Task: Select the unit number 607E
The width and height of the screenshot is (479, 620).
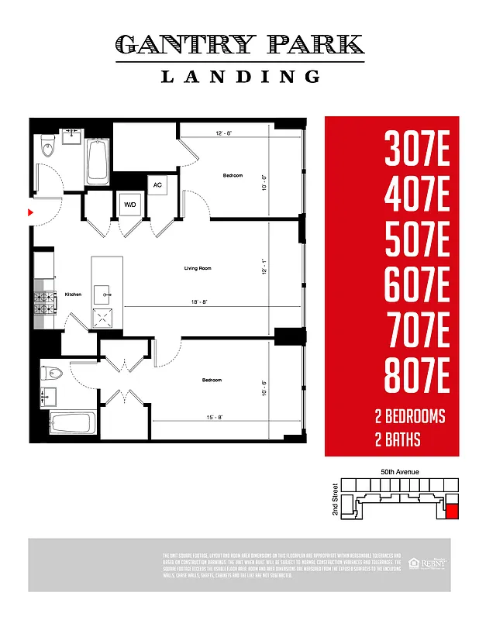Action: pyautogui.click(x=417, y=287)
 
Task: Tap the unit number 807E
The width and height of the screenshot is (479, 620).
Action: pyautogui.click(x=417, y=378)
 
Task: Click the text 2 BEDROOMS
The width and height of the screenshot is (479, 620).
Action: pyautogui.click(x=409, y=417)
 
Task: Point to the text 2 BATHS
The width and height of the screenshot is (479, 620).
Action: pyautogui.click(x=397, y=441)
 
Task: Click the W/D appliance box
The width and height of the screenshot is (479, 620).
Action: pyautogui.click(x=129, y=205)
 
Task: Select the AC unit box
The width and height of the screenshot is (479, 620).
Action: pyautogui.click(x=157, y=186)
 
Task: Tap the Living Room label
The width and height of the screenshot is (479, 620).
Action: pyautogui.click(x=198, y=268)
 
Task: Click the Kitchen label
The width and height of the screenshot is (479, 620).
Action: pyautogui.click(x=73, y=294)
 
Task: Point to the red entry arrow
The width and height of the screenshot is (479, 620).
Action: pyautogui.click(x=31, y=211)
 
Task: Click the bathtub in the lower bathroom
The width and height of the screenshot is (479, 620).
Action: pyautogui.click(x=72, y=424)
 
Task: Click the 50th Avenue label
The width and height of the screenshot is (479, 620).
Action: pyautogui.click(x=400, y=471)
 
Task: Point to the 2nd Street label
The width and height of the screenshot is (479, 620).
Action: pyautogui.click(x=335, y=500)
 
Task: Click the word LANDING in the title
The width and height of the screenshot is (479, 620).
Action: pyautogui.click(x=239, y=76)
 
